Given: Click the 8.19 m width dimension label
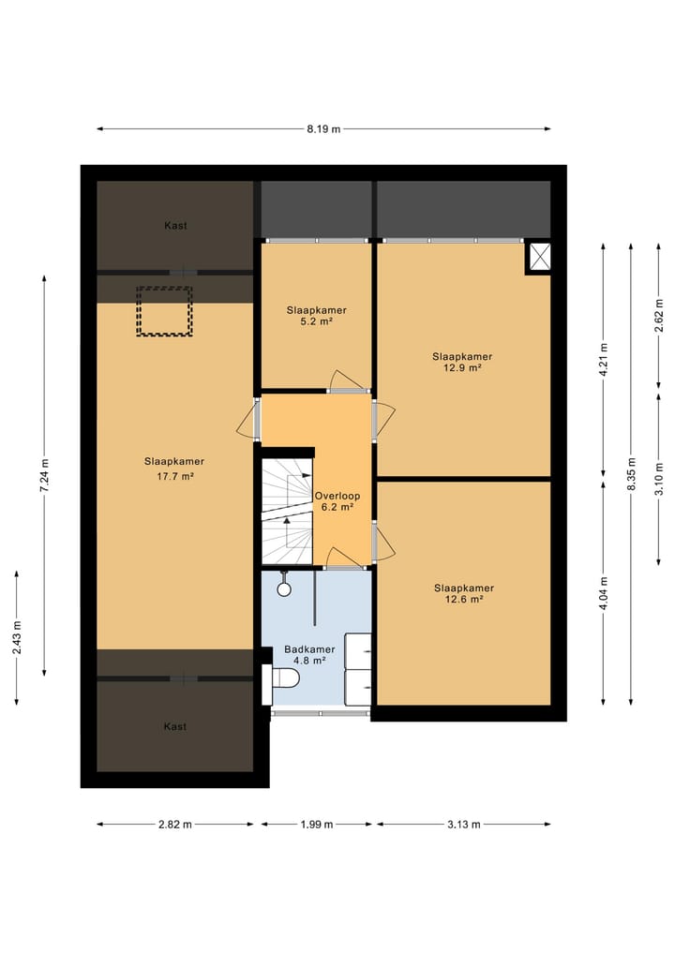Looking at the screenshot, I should [322, 129].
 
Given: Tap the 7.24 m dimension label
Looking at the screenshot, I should [45, 474].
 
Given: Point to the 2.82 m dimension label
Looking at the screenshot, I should [174, 825].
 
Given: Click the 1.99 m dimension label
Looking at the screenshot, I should [316, 825].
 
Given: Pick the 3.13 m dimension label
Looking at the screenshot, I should [463, 825].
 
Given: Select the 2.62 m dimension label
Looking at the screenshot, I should [659, 315].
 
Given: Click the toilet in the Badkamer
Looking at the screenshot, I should [284, 677].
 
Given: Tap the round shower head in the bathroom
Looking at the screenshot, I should [284, 589].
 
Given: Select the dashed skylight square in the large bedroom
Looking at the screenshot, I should [165, 311].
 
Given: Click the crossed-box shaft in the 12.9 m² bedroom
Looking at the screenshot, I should [539, 258].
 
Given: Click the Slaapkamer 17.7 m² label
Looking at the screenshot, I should [174, 469].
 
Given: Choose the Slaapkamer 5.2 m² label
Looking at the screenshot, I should [310, 314].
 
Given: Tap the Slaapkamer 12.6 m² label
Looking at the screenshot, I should [463, 593].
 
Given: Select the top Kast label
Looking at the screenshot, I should [174, 226].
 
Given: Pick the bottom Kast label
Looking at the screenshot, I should [174, 726].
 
